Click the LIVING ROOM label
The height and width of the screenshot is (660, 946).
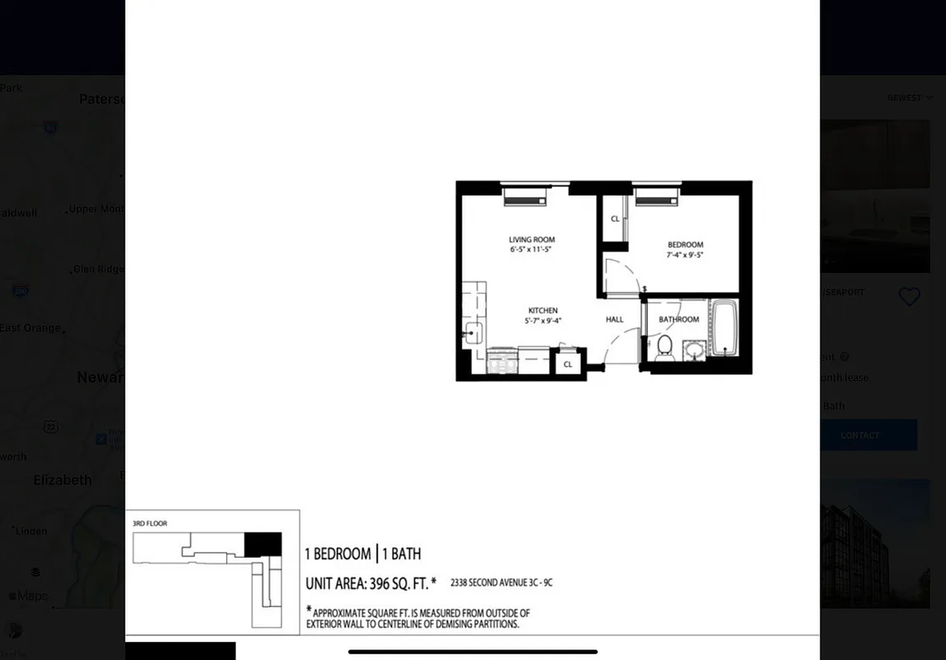point(532,240)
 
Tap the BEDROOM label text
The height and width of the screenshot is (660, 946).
point(685,245)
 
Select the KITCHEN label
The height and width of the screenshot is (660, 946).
point(542,311)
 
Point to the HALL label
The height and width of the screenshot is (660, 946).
point(614,319)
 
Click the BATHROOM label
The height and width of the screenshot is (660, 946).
point(679,319)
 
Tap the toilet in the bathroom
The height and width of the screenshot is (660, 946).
point(665,346)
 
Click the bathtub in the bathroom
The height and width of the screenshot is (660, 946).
point(724,328)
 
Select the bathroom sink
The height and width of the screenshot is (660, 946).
point(694,350)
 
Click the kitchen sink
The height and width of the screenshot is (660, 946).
point(474,333)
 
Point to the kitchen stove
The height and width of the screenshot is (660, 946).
point(502,361)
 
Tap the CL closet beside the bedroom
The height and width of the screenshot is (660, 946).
point(615,219)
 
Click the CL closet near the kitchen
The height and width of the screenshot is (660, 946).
point(568,364)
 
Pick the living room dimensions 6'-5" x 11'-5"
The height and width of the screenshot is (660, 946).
point(530,249)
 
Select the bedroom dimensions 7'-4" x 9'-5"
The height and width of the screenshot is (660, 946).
point(685,255)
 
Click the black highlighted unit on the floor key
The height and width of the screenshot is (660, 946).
point(263,544)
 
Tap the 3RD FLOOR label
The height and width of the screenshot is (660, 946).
point(150,523)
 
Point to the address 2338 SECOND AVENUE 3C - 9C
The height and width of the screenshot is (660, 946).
point(501,583)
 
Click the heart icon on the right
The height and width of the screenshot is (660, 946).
point(909,297)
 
